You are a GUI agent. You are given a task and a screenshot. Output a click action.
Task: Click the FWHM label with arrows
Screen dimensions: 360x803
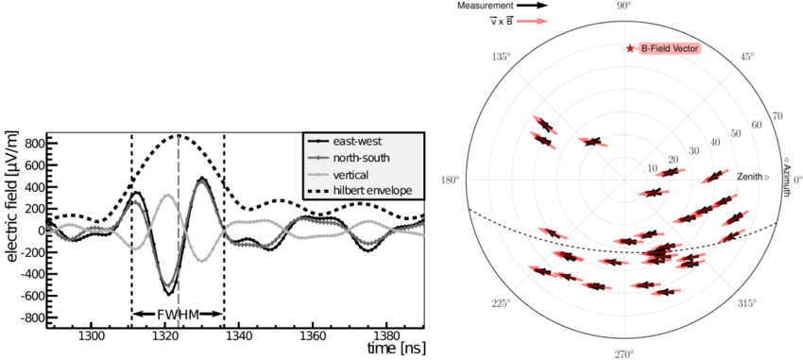[178, 313]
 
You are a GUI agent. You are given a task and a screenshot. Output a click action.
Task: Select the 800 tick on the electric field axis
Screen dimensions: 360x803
[35, 143]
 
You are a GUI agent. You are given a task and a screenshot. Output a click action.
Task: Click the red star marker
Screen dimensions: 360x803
[630, 48]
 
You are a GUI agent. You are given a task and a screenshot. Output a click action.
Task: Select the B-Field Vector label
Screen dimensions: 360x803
[672, 48]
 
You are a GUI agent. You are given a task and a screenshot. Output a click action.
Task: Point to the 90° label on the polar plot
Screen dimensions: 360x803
[624, 7]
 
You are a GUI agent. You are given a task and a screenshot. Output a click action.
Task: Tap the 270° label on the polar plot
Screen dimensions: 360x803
[624, 353]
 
